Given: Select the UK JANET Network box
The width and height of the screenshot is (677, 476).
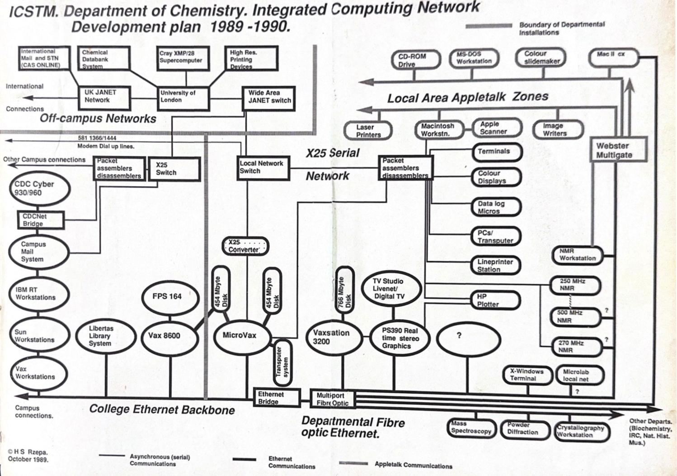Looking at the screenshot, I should point(103,97).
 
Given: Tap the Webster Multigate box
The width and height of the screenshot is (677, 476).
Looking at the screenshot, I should point(619,150).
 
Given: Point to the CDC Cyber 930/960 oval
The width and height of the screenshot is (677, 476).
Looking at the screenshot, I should point(40,189).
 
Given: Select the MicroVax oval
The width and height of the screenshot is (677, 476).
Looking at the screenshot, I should point(241,336).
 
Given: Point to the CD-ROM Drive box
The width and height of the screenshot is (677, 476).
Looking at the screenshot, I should point(415,60).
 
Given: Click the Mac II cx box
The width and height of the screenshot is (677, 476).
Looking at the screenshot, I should point(613,57).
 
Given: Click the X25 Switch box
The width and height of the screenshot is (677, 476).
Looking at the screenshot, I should point(174,169).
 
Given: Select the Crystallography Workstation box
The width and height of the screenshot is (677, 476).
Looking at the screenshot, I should point(581,431).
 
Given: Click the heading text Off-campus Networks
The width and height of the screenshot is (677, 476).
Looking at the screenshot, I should point(98,119).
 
